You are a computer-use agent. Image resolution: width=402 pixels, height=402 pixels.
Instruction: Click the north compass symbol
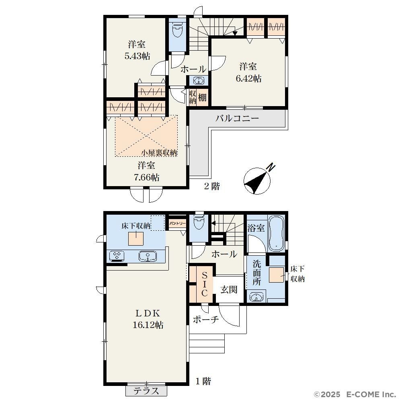click(x=257, y=181)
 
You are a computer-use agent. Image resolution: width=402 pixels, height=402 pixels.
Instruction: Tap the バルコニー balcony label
click(x=237, y=118)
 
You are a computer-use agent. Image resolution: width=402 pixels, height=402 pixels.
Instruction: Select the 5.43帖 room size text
click(x=137, y=56)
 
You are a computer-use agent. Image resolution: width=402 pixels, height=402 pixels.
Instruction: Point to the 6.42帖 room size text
click(x=248, y=78)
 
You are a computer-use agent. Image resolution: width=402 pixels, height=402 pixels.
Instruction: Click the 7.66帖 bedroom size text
click(x=146, y=177)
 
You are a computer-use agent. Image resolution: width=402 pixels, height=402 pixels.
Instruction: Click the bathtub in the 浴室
click(x=277, y=233)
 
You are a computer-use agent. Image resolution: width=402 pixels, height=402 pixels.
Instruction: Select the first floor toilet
click(x=199, y=222)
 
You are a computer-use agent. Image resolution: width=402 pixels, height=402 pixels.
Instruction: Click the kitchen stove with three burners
click(x=117, y=256)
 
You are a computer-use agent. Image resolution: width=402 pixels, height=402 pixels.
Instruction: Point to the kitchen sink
click(x=148, y=256)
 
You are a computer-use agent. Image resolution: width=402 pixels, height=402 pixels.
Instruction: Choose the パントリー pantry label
click(x=177, y=223)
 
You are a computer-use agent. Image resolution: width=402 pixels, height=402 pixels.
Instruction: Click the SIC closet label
click(x=204, y=284)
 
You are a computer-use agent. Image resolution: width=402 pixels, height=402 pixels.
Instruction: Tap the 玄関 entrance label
click(x=229, y=289)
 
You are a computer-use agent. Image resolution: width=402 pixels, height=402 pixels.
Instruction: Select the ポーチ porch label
click(x=205, y=319)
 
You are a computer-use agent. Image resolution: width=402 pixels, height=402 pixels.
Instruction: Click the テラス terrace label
click(x=146, y=391)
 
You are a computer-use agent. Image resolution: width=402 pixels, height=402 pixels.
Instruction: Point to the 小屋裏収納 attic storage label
click(x=159, y=153)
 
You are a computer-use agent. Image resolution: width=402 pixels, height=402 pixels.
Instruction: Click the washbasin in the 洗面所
click(x=256, y=297)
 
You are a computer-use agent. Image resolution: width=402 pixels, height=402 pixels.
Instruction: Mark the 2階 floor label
click(x=212, y=186)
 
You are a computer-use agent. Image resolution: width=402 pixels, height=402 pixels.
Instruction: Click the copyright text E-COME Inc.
click(x=371, y=394)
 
